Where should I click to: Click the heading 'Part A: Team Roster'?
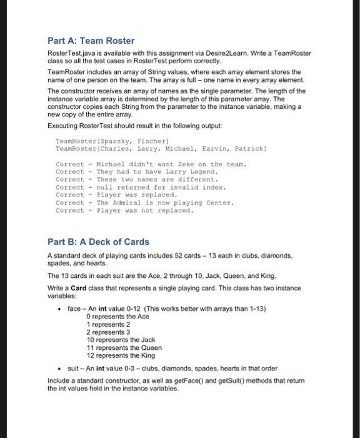(91, 41)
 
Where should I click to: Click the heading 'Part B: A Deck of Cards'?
(99, 242)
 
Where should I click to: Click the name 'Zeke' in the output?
(176, 164)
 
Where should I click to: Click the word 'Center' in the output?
(219, 203)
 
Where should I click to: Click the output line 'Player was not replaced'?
(144, 211)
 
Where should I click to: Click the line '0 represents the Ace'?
(117, 317)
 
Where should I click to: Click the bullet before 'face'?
(58, 309)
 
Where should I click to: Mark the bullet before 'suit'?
(58, 368)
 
